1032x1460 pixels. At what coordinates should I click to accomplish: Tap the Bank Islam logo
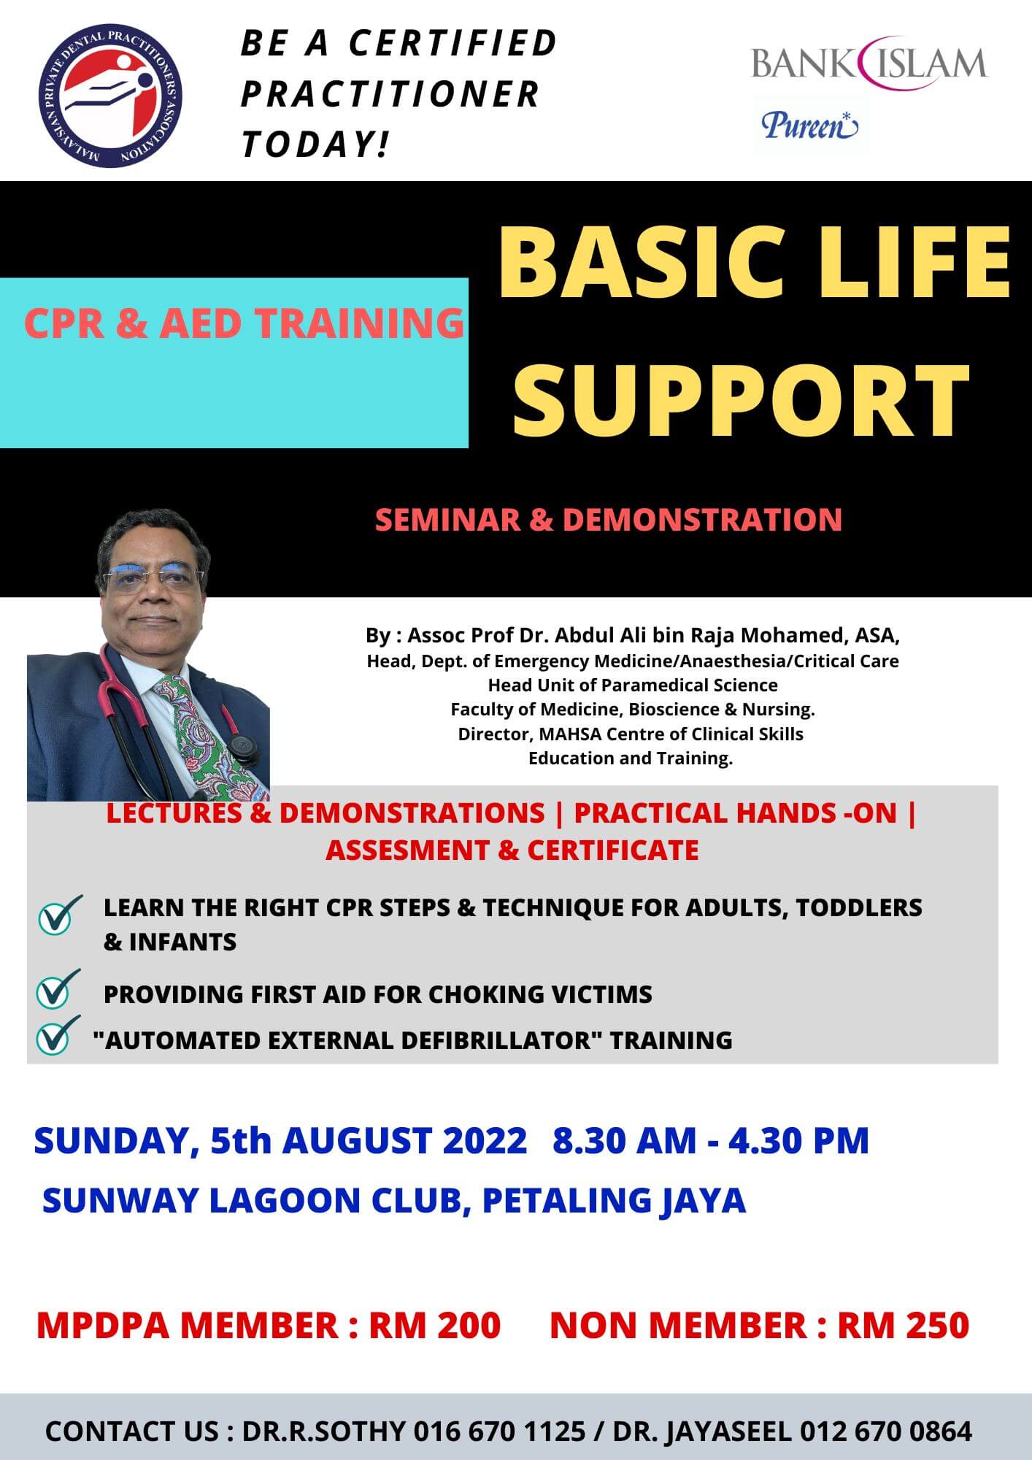[x=869, y=63]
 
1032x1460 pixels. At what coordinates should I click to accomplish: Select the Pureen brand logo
[x=810, y=125]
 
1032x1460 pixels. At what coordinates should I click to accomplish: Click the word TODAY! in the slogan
[x=315, y=143]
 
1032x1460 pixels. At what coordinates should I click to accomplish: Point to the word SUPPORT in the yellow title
[x=742, y=399]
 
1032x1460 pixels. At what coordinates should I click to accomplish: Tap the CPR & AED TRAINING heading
[x=244, y=323]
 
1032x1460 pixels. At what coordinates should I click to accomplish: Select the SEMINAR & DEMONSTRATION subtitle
[x=609, y=520]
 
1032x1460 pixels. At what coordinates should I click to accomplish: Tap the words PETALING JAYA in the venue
[x=615, y=1201]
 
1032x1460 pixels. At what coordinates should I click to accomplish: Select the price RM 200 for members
[x=435, y=1325]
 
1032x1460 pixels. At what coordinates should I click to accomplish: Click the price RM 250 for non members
[x=903, y=1325]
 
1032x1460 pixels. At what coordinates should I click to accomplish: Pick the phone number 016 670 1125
[x=500, y=1431]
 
